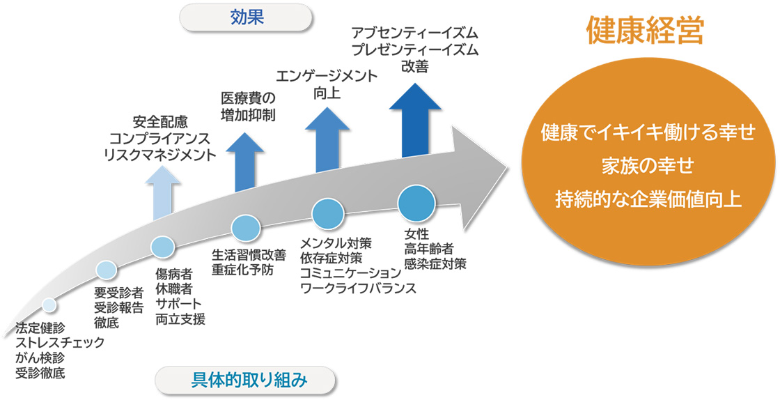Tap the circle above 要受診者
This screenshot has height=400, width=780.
(106, 270)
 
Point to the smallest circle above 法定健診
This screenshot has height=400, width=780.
(49, 305)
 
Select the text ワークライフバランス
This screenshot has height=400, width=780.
(357, 288)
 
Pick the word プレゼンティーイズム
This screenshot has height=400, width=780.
(415, 50)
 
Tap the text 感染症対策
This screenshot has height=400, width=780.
(435, 264)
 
